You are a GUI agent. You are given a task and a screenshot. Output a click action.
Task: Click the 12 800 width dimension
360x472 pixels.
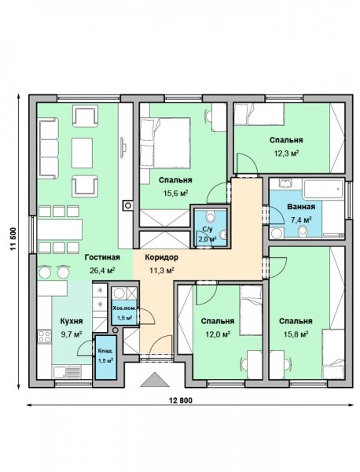pos(181,400)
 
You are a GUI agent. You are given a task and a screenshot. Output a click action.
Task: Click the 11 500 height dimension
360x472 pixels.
pos(13,239)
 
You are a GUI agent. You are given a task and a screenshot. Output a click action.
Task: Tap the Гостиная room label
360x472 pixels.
pos(102,257)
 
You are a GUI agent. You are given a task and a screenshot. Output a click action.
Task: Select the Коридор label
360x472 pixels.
pos(161,257)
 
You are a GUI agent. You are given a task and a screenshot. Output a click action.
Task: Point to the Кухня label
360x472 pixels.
pos(72,321)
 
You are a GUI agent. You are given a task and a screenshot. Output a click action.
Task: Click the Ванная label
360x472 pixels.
pos(301,207)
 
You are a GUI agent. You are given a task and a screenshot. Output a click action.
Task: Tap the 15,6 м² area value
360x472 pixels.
pos(175,193)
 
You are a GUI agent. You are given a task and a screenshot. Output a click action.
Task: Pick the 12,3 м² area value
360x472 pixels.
pos(286,153)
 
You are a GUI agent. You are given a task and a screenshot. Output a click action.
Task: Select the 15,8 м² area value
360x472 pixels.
pos(296,334)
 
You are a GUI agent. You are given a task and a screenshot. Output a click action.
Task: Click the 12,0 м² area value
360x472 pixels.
pos(218,334)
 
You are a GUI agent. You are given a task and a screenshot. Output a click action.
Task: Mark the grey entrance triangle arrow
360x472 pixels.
pos(155,379)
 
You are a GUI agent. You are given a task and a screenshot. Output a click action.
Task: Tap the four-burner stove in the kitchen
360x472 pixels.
pos(44,336)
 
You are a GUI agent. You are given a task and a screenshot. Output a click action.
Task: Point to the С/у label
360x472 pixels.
pos(208,230)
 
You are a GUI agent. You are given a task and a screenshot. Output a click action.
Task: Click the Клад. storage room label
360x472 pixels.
pos(105,351)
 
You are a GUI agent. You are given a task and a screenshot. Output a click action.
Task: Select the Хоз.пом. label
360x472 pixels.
pos(125,308)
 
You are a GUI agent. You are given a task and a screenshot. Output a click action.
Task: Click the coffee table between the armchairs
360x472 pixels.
pos(82,153)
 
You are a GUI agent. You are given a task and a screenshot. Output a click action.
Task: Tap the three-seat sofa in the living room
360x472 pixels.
pos(48,148)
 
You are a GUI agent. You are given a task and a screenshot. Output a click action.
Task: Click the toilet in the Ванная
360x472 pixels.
pos(303,231)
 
